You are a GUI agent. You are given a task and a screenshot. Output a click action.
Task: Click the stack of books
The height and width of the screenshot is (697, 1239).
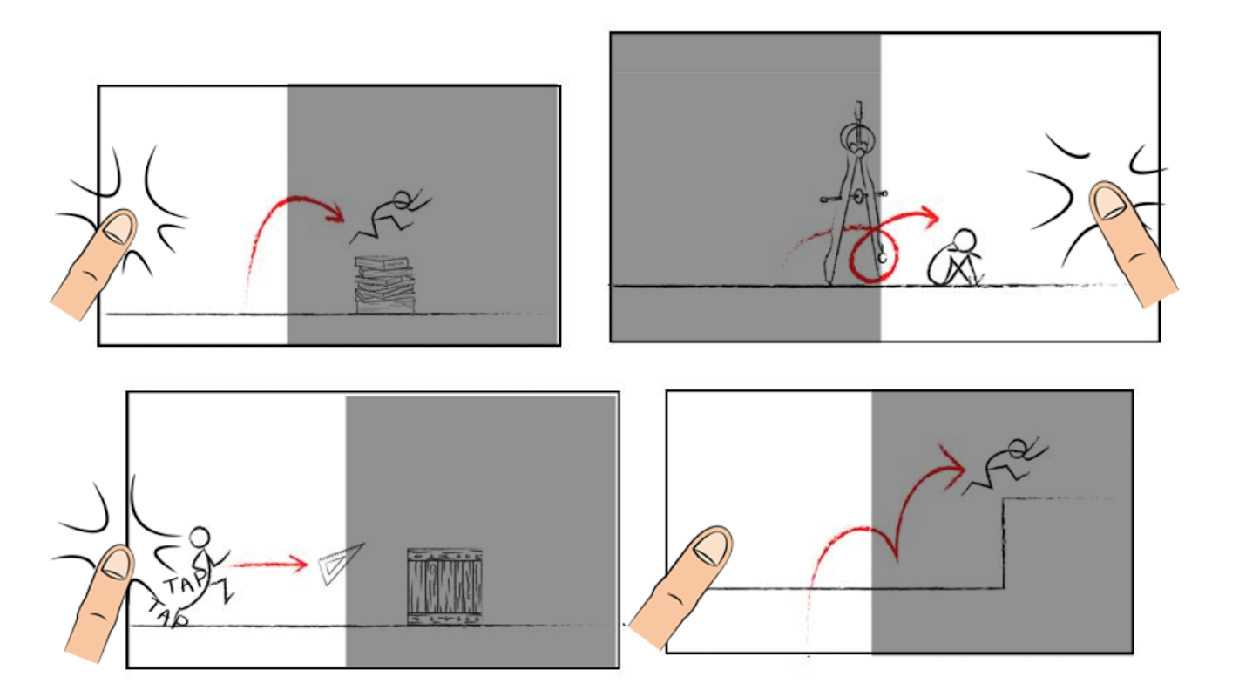click(x=385, y=285)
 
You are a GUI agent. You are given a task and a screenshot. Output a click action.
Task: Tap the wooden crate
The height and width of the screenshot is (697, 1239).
click(x=444, y=587)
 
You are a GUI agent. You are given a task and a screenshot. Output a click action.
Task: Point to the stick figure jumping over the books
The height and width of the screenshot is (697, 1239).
click(x=390, y=217)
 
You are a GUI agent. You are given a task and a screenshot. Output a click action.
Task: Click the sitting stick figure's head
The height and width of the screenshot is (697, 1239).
click(x=965, y=240)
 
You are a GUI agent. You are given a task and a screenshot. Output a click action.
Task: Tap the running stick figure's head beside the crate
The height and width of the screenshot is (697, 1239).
click(x=200, y=538)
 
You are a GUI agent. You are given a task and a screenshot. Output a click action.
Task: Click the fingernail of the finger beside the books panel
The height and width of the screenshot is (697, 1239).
click(x=118, y=227)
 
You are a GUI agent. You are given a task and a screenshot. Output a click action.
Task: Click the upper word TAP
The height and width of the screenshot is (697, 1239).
click(x=185, y=583)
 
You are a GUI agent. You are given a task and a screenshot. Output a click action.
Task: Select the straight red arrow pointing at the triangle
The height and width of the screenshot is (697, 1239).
click(x=267, y=565)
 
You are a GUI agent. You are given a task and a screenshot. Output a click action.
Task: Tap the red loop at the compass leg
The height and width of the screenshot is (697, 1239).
click(x=873, y=255)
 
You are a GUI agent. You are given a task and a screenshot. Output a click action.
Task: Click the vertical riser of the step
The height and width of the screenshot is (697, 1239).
click(x=1004, y=543)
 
